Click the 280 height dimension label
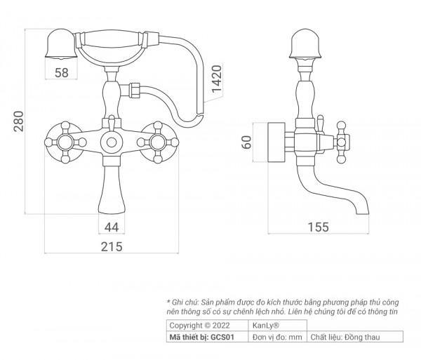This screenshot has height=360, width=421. (19, 121)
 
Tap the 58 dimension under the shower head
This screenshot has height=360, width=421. (62, 73)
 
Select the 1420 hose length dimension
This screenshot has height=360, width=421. (217, 79)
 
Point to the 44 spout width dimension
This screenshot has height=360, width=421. (112, 227)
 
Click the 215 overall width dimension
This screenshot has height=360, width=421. (112, 247)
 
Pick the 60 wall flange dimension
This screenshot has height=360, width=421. (247, 142)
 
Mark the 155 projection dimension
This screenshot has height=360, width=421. (318, 227)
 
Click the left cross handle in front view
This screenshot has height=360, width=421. (65, 142)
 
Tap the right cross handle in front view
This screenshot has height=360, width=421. (158, 142)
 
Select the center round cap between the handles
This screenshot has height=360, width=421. (112, 142)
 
